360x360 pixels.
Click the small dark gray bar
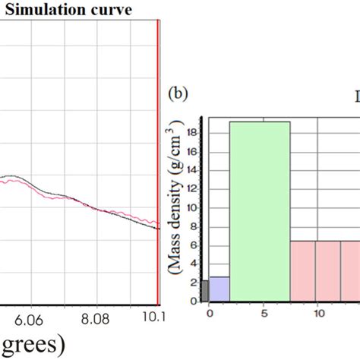204,291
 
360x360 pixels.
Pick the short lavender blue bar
219,289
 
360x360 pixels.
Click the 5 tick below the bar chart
264,312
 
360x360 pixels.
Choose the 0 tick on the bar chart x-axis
210,312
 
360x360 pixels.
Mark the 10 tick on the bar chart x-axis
319,312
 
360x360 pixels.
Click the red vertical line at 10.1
158,152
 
